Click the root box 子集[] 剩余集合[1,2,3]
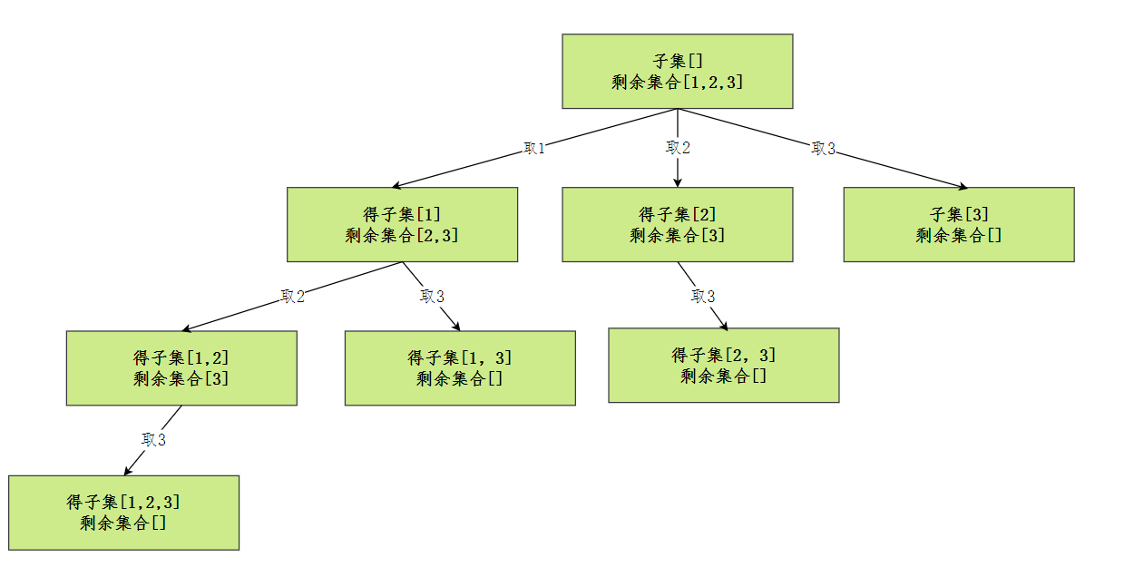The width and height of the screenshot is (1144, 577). [677, 72]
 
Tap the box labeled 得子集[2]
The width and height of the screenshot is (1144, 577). [677, 225]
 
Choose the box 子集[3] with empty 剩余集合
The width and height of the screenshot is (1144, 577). [959, 225]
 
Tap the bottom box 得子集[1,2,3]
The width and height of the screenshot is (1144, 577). [123, 513]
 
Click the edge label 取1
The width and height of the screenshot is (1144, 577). [534, 148]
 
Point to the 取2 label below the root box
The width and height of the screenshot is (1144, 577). [678, 148]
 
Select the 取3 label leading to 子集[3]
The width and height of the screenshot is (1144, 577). [823, 148]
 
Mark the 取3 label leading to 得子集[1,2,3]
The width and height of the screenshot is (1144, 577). [153, 440]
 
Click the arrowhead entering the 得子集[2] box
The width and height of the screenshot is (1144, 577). [678, 182]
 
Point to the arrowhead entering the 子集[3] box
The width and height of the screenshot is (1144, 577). [963, 186]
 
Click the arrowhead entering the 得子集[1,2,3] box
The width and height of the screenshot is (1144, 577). [128, 471]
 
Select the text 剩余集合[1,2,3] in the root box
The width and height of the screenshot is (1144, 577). [677, 83]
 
